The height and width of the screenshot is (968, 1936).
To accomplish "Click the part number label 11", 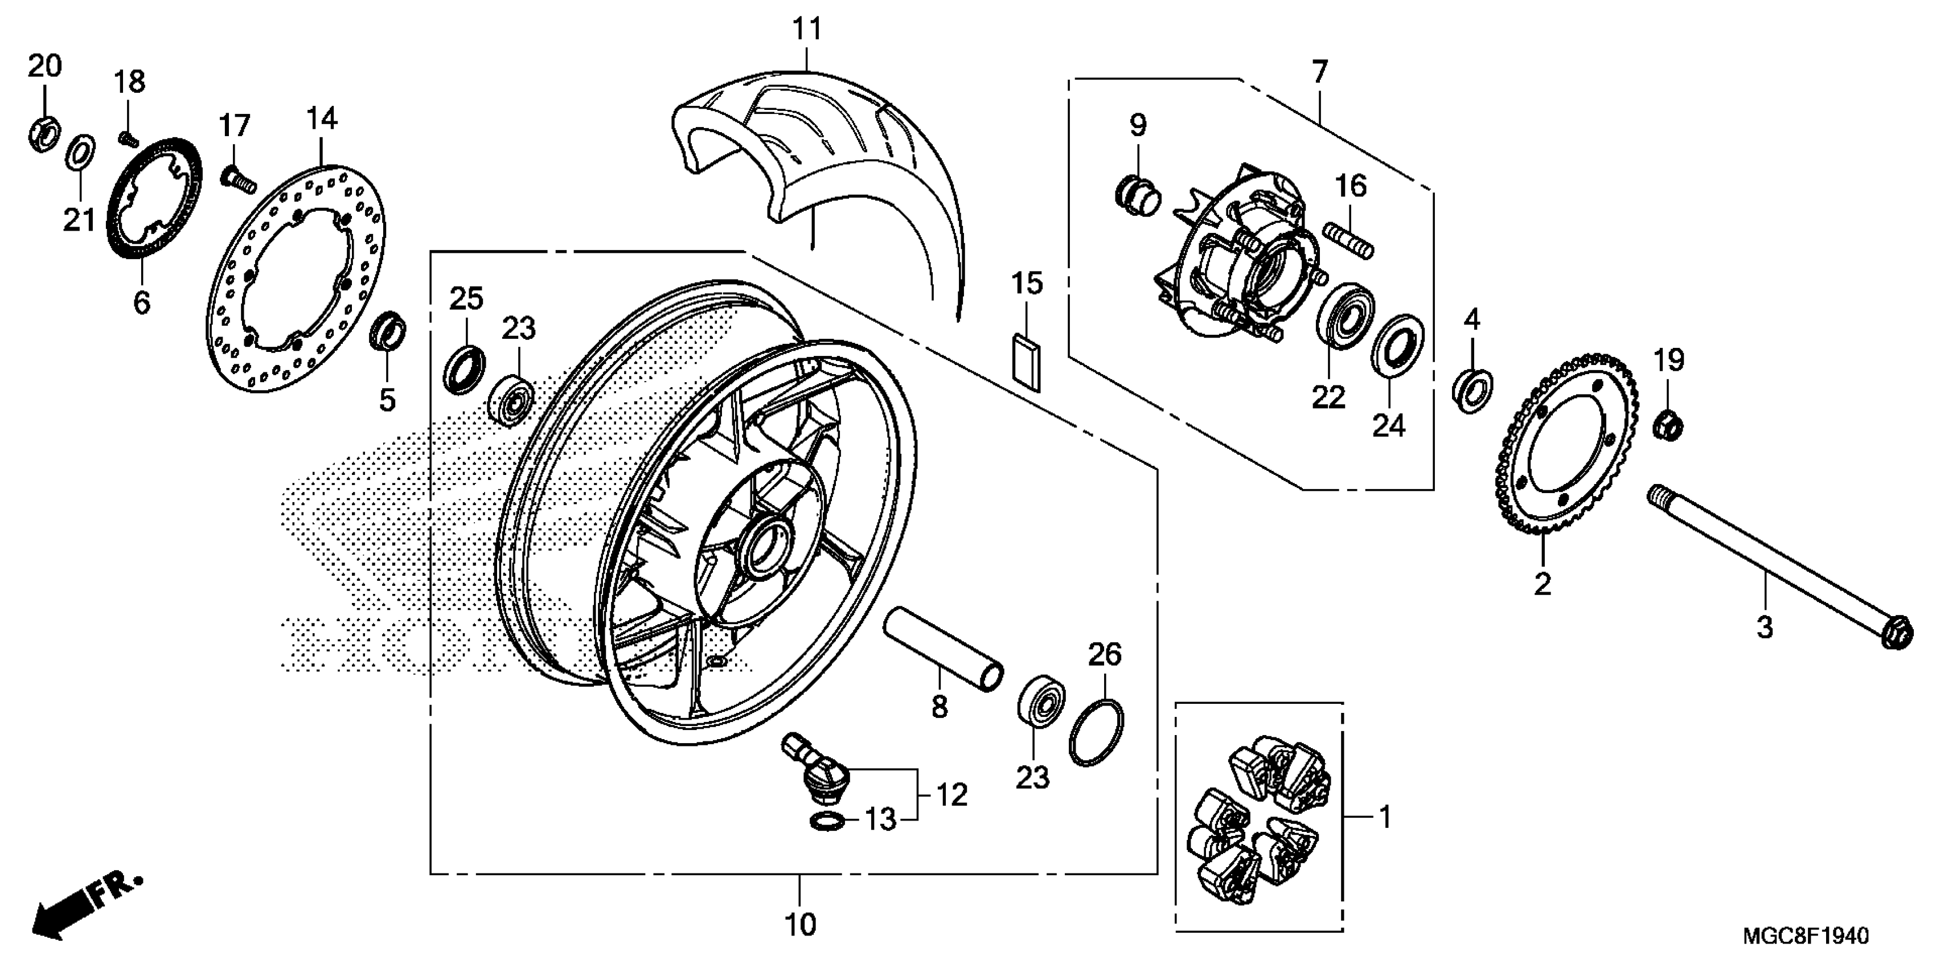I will (807, 29).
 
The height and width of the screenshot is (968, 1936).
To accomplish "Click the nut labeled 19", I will (1668, 426).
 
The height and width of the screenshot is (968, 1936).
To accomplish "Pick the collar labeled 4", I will (1471, 391).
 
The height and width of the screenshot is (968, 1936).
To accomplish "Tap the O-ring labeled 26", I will (1097, 733).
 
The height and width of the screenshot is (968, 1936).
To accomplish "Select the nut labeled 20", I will (44, 132).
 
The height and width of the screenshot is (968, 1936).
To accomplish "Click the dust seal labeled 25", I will (465, 369).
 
